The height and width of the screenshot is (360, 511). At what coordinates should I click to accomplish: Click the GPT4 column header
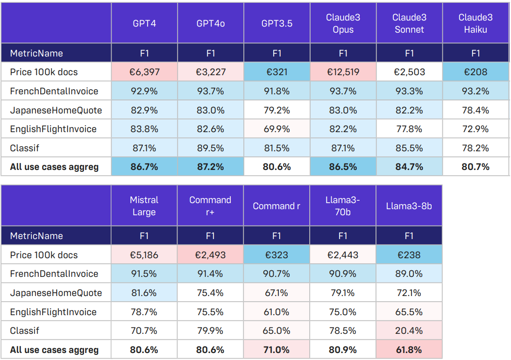(x=144, y=23)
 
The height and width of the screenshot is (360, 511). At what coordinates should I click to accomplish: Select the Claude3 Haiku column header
(x=476, y=23)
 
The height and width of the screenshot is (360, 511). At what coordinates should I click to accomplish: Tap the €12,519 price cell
(x=343, y=72)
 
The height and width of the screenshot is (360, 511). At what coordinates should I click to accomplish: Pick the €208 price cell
(x=476, y=72)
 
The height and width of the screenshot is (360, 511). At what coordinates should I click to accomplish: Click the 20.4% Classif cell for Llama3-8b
(x=409, y=331)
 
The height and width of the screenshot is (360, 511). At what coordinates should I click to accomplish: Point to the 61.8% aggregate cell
(x=409, y=350)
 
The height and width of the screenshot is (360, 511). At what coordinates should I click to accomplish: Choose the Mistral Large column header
(x=144, y=206)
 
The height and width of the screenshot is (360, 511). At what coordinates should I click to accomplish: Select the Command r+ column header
(x=210, y=206)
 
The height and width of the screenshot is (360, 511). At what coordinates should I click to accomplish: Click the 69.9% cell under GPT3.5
(x=277, y=129)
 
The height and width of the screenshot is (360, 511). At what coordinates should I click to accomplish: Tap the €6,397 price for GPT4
(x=144, y=72)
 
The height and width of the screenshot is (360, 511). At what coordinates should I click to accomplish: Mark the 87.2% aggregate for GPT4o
(x=211, y=167)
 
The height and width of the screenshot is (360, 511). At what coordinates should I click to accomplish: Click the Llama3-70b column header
(x=343, y=206)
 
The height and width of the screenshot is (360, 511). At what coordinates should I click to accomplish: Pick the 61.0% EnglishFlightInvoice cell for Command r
(x=277, y=312)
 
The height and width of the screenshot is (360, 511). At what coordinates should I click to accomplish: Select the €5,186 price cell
(x=144, y=255)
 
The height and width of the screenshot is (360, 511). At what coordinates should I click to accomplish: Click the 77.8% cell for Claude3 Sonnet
(x=409, y=129)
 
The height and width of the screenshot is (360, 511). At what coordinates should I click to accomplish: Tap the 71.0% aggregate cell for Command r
(x=277, y=350)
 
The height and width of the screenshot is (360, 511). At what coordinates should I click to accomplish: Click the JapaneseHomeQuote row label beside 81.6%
(x=56, y=293)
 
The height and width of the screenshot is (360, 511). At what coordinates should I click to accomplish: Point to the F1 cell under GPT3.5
(x=277, y=53)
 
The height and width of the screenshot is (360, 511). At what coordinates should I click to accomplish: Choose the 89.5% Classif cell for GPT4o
(x=211, y=148)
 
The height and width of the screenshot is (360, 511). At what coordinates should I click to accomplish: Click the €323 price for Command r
(x=277, y=255)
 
